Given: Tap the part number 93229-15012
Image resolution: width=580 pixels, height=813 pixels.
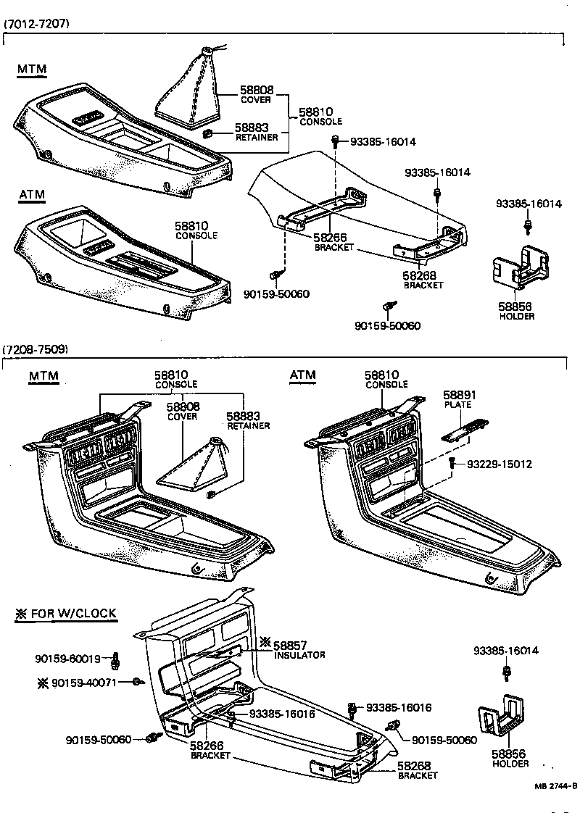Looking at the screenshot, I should pyautogui.click(x=499, y=464).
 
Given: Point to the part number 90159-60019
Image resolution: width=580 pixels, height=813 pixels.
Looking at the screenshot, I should pyautogui.click(x=67, y=659).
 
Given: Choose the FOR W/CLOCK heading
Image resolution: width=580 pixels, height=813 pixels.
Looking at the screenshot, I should pyautogui.click(x=66, y=614).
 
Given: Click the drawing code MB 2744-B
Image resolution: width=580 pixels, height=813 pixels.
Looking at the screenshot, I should pyautogui.click(x=555, y=785).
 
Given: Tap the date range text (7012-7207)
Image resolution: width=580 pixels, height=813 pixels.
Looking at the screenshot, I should pyautogui.click(x=36, y=23).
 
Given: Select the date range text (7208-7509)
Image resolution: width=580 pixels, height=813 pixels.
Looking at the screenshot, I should pyautogui.click(x=36, y=349).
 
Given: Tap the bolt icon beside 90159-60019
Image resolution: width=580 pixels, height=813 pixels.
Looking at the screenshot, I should pyautogui.click(x=115, y=660).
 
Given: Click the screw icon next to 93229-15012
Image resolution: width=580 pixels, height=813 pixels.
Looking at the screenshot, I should pyautogui.click(x=452, y=463).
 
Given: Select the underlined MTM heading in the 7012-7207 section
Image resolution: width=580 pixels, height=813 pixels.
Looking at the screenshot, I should pyautogui.click(x=32, y=70).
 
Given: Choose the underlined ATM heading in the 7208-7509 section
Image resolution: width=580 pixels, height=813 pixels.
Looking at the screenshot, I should pyautogui.click(x=302, y=375).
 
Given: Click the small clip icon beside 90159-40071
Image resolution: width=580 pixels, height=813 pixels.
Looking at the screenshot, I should pyautogui.click(x=138, y=682).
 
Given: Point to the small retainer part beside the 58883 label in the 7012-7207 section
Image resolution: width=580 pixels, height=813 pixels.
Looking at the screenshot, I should pyautogui.click(x=207, y=133).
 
